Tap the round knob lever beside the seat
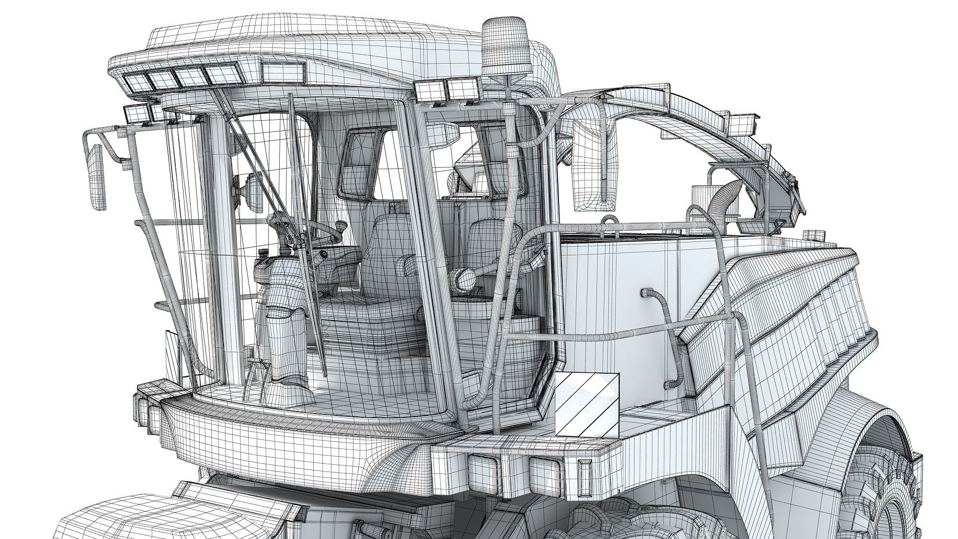(x=459, y=277)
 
